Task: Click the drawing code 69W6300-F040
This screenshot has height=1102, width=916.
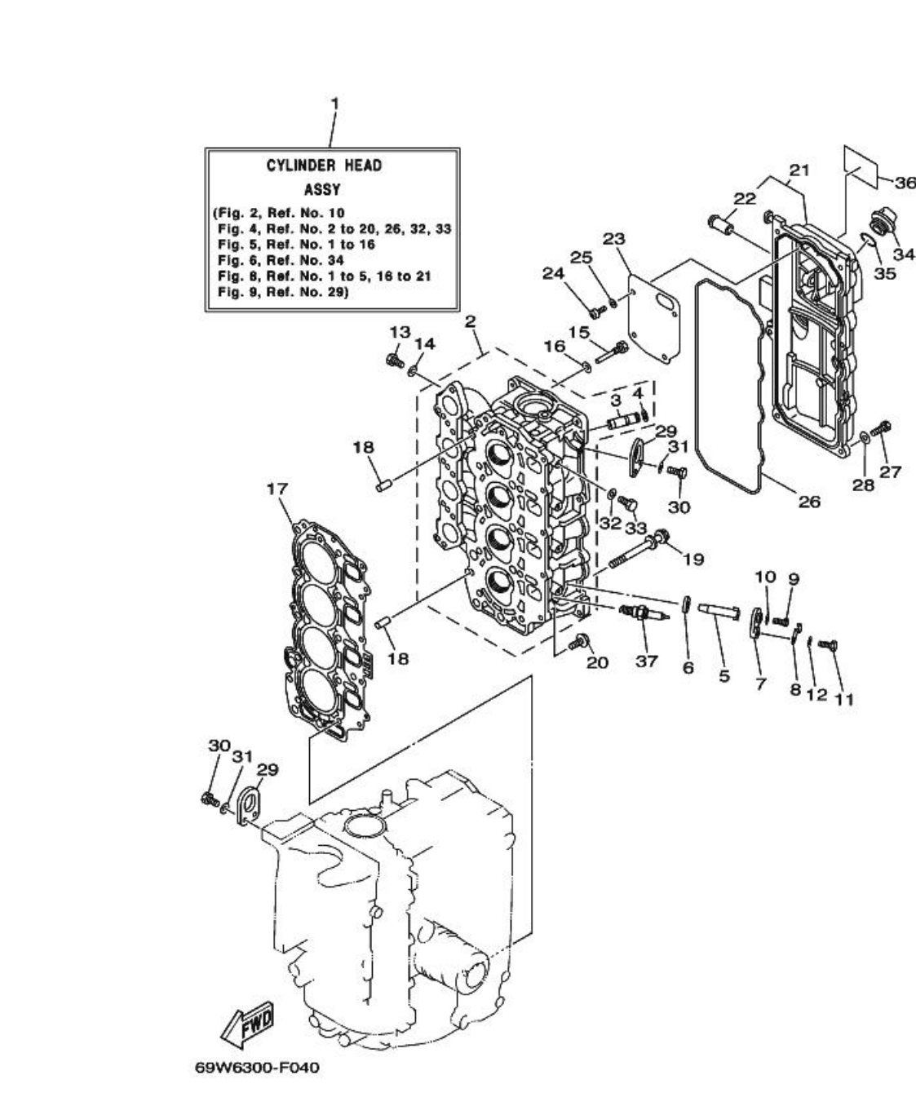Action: (257, 1067)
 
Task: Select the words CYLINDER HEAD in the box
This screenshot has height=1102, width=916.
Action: (324, 166)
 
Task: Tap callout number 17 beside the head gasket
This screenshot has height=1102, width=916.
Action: (277, 489)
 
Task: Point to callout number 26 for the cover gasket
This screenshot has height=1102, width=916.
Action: (808, 501)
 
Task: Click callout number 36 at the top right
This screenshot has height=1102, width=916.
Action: (905, 183)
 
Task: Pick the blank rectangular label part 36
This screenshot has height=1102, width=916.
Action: (861, 166)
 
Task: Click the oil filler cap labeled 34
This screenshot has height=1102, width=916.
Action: (883, 223)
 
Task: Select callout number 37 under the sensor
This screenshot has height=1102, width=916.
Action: (646, 661)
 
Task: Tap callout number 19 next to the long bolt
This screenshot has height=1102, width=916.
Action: (693, 559)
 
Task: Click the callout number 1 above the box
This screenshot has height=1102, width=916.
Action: (334, 104)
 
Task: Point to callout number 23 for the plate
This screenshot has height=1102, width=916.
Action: (614, 238)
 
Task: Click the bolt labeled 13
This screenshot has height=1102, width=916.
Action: (395, 359)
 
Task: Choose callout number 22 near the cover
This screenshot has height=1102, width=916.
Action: (745, 198)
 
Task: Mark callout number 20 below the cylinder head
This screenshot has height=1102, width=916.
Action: (597, 662)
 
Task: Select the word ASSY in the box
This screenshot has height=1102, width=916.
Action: (322, 189)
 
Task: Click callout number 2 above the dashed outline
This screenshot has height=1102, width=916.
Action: (470, 321)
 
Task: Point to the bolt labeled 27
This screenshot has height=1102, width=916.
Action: (883, 427)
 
